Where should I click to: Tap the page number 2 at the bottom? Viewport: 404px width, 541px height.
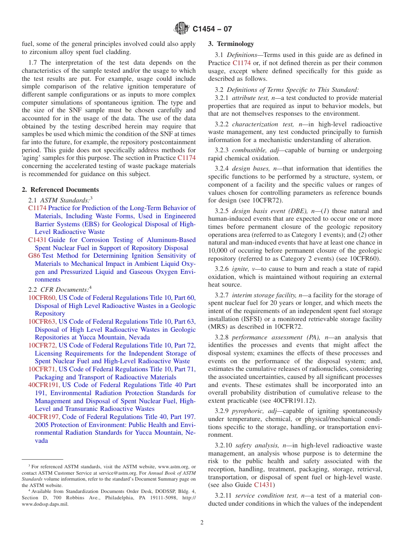(202, 523)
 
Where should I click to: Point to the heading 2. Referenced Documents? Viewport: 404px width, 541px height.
(60, 190)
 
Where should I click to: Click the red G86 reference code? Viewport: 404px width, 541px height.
(34, 256)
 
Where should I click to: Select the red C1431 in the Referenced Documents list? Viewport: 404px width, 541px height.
(37, 240)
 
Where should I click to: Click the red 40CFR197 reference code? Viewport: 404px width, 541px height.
(44, 417)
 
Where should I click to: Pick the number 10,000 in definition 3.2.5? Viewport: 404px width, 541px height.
(219, 250)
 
